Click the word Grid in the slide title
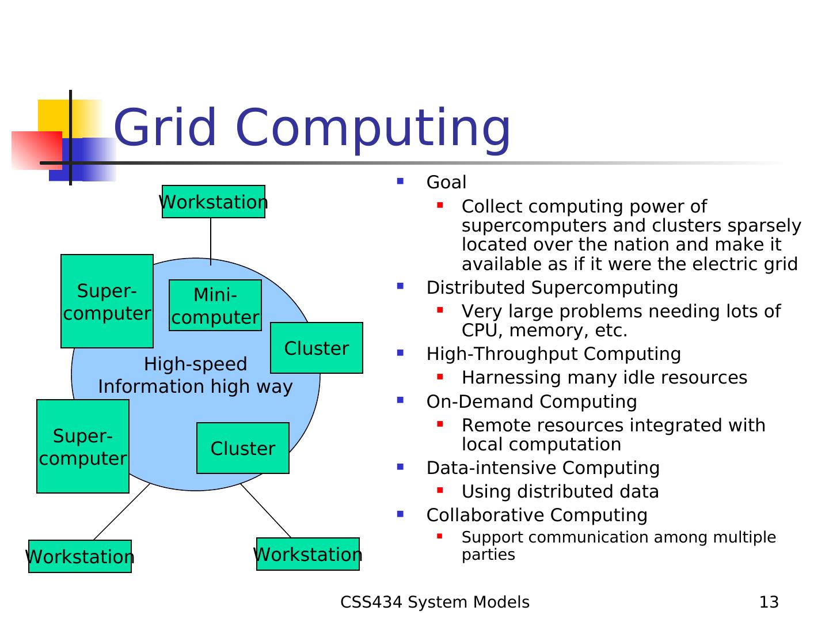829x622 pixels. tap(165, 127)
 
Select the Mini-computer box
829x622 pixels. tap(215, 305)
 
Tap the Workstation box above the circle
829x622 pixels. tap(214, 202)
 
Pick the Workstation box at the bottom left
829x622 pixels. tap(80, 556)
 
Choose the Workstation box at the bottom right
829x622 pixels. tap(308, 554)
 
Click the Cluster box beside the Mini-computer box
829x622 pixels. tap(317, 348)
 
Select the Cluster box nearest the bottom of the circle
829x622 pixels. tap(243, 448)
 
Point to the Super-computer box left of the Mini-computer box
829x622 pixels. tap(107, 301)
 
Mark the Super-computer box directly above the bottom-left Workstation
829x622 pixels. tap(83, 446)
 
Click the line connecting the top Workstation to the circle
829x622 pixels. tap(211, 241)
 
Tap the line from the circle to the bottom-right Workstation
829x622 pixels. tap(266, 511)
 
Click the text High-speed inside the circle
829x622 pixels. tap(195, 364)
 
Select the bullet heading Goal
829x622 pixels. tap(446, 182)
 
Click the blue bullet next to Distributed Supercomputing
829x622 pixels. tap(400, 286)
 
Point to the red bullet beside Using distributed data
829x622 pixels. tap(440, 490)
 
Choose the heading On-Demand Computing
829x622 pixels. tap(531, 401)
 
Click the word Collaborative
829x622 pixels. tap(485, 515)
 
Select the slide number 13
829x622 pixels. tap(769, 602)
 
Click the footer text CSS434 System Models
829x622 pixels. tap(435, 602)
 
